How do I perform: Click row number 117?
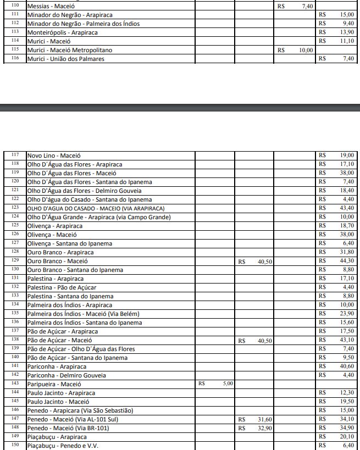pyautogui.click(x=15, y=155)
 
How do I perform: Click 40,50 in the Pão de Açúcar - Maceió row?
pyautogui.click(x=265, y=340)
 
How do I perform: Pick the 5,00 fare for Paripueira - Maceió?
pyautogui.click(x=228, y=384)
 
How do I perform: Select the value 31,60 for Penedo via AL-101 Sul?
pyautogui.click(x=265, y=419)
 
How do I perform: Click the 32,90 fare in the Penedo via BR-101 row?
pyautogui.click(x=265, y=428)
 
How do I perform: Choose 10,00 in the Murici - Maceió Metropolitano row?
pyautogui.click(x=306, y=50)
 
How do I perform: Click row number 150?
pyautogui.click(x=15, y=445)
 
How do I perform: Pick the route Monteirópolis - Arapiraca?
pyautogui.click(x=63, y=32)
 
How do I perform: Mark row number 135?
pyautogui.click(x=15, y=313)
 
